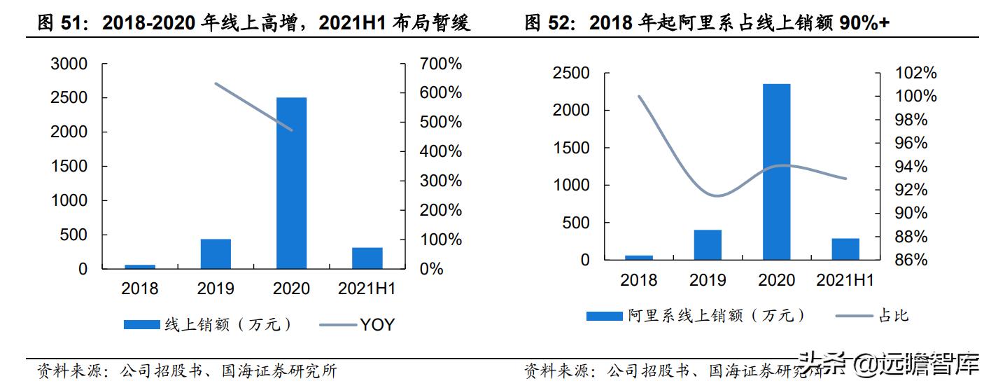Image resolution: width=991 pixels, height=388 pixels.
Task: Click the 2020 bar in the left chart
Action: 291,183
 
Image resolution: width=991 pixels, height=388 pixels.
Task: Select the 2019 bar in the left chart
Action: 216,254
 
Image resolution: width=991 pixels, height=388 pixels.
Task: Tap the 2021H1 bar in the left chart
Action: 367,258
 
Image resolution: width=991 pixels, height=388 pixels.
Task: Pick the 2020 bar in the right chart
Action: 776,172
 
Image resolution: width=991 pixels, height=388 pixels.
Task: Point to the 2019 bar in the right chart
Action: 708,245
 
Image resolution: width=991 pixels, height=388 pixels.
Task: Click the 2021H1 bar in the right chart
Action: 845,249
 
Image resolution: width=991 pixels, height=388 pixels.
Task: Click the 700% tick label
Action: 441,64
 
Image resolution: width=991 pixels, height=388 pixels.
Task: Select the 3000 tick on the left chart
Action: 69,64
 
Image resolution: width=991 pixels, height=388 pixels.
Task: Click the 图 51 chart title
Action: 253,24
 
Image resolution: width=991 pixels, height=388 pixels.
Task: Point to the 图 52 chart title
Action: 707,24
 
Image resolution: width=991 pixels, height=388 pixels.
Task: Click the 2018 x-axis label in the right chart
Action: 638,280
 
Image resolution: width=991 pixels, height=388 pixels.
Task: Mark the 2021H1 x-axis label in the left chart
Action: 367,289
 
